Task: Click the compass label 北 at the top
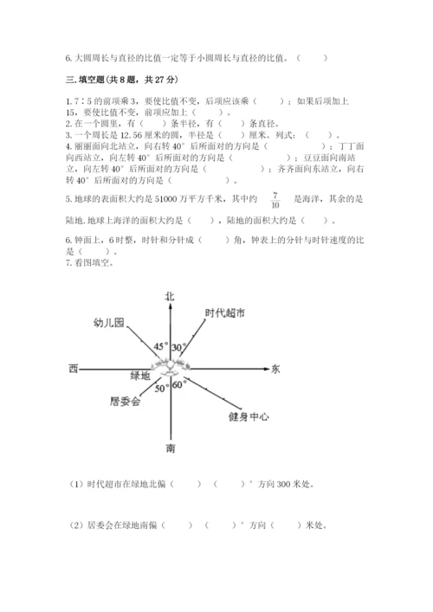click(x=170, y=296)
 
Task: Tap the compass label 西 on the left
click(x=74, y=370)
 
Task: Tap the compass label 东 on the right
click(x=275, y=370)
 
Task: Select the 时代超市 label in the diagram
click(x=225, y=313)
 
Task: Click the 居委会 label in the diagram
click(x=124, y=401)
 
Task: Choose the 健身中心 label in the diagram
click(x=248, y=416)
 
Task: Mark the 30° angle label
click(x=179, y=347)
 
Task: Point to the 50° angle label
click(x=162, y=389)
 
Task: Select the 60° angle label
click(x=180, y=385)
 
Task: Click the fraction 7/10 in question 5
click(x=275, y=200)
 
